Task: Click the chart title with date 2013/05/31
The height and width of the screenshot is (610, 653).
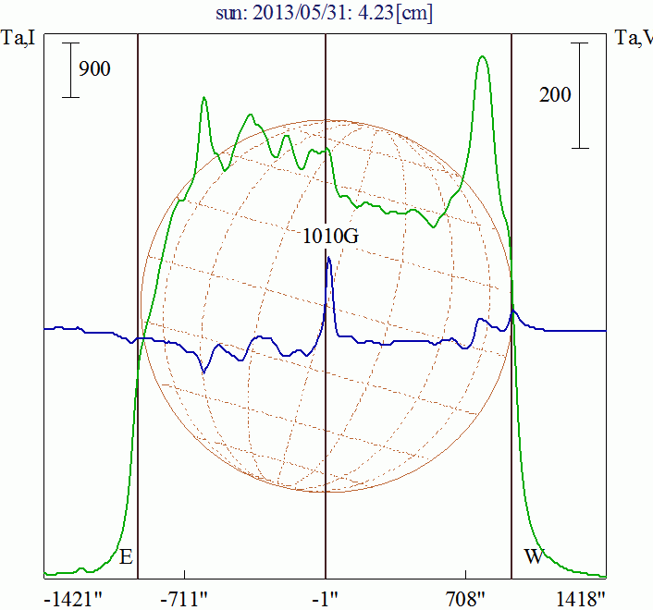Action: click(x=326, y=12)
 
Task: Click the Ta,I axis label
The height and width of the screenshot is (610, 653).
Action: click(x=18, y=38)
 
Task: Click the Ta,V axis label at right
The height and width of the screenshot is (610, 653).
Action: click(x=634, y=38)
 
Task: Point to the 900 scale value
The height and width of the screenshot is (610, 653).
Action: click(x=94, y=68)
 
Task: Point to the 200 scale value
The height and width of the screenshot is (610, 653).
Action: click(x=555, y=94)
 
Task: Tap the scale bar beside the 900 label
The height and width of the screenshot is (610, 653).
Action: click(x=70, y=70)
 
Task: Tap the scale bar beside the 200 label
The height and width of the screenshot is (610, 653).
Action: click(x=580, y=94)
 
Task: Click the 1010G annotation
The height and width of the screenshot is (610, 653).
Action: click(x=330, y=236)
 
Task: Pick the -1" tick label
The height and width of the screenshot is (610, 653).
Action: click(x=326, y=599)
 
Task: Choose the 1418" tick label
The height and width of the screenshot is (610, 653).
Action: click(x=583, y=599)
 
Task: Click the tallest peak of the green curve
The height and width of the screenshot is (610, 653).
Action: click(x=482, y=56)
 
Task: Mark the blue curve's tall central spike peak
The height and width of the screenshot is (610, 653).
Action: click(x=328, y=258)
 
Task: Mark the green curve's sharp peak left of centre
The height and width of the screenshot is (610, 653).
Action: click(x=203, y=98)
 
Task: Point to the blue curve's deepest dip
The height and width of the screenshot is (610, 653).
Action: click(x=204, y=372)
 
